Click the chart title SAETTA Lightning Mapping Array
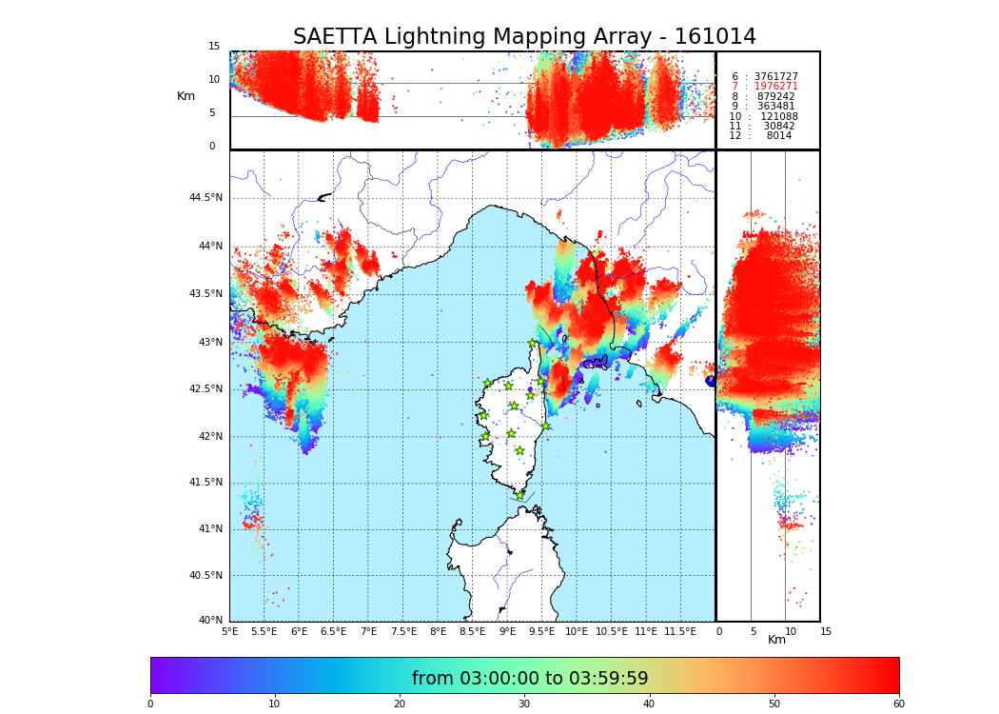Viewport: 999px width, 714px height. (524, 37)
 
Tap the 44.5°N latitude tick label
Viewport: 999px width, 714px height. (206, 198)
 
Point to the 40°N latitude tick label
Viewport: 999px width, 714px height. (209, 621)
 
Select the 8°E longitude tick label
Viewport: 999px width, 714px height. (438, 632)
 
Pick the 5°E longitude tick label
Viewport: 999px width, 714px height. (229, 632)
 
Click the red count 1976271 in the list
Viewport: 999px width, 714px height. (775, 87)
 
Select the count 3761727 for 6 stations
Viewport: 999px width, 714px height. (775, 77)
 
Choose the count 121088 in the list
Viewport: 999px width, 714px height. (778, 117)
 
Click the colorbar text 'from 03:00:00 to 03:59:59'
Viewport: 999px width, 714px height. (529, 679)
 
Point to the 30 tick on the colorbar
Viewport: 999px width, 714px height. (524, 704)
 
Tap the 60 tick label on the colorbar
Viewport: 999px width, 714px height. (898, 704)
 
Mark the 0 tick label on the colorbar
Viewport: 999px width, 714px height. (150, 704)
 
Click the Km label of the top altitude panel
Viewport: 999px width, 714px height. (186, 96)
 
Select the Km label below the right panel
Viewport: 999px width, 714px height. (776, 640)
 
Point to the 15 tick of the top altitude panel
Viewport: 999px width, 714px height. (214, 47)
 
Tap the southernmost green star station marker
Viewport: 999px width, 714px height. (519, 495)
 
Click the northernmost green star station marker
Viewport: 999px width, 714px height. (533, 344)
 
